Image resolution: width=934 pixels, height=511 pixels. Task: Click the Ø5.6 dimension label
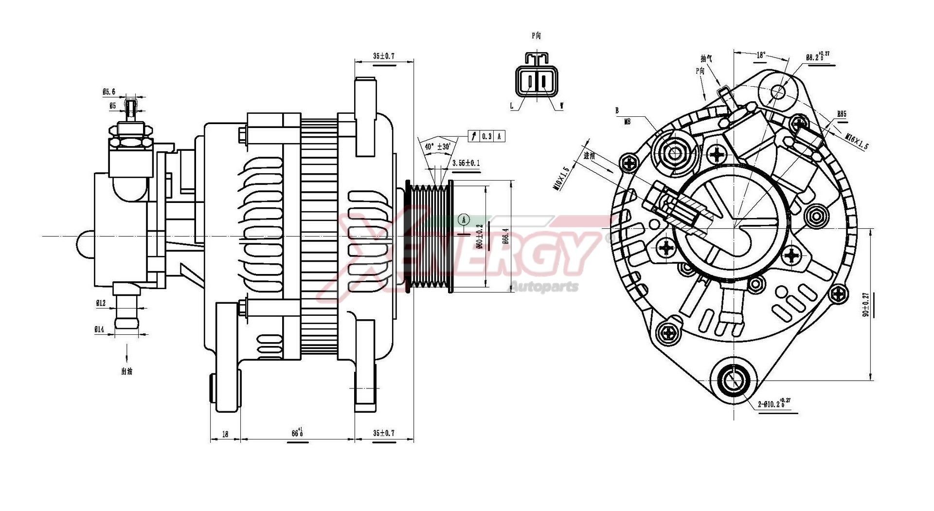click(x=108, y=91)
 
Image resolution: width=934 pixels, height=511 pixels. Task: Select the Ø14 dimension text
click(x=99, y=329)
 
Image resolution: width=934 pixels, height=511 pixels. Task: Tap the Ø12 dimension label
click(x=100, y=303)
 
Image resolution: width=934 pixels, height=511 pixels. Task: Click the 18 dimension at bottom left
click(x=225, y=434)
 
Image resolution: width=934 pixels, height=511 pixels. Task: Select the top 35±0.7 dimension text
click(x=384, y=56)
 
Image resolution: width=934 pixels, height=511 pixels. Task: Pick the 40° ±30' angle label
click(x=437, y=146)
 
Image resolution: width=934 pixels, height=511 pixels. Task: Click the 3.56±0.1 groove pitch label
click(x=466, y=163)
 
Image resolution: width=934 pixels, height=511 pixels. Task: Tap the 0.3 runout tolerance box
click(x=486, y=137)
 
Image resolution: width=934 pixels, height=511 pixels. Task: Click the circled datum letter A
click(x=464, y=220)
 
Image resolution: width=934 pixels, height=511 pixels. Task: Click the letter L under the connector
click(x=511, y=106)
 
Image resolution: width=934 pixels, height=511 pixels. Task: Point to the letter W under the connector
click(x=562, y=106)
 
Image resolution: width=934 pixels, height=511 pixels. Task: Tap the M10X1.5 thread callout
click(x=564, y=179)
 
